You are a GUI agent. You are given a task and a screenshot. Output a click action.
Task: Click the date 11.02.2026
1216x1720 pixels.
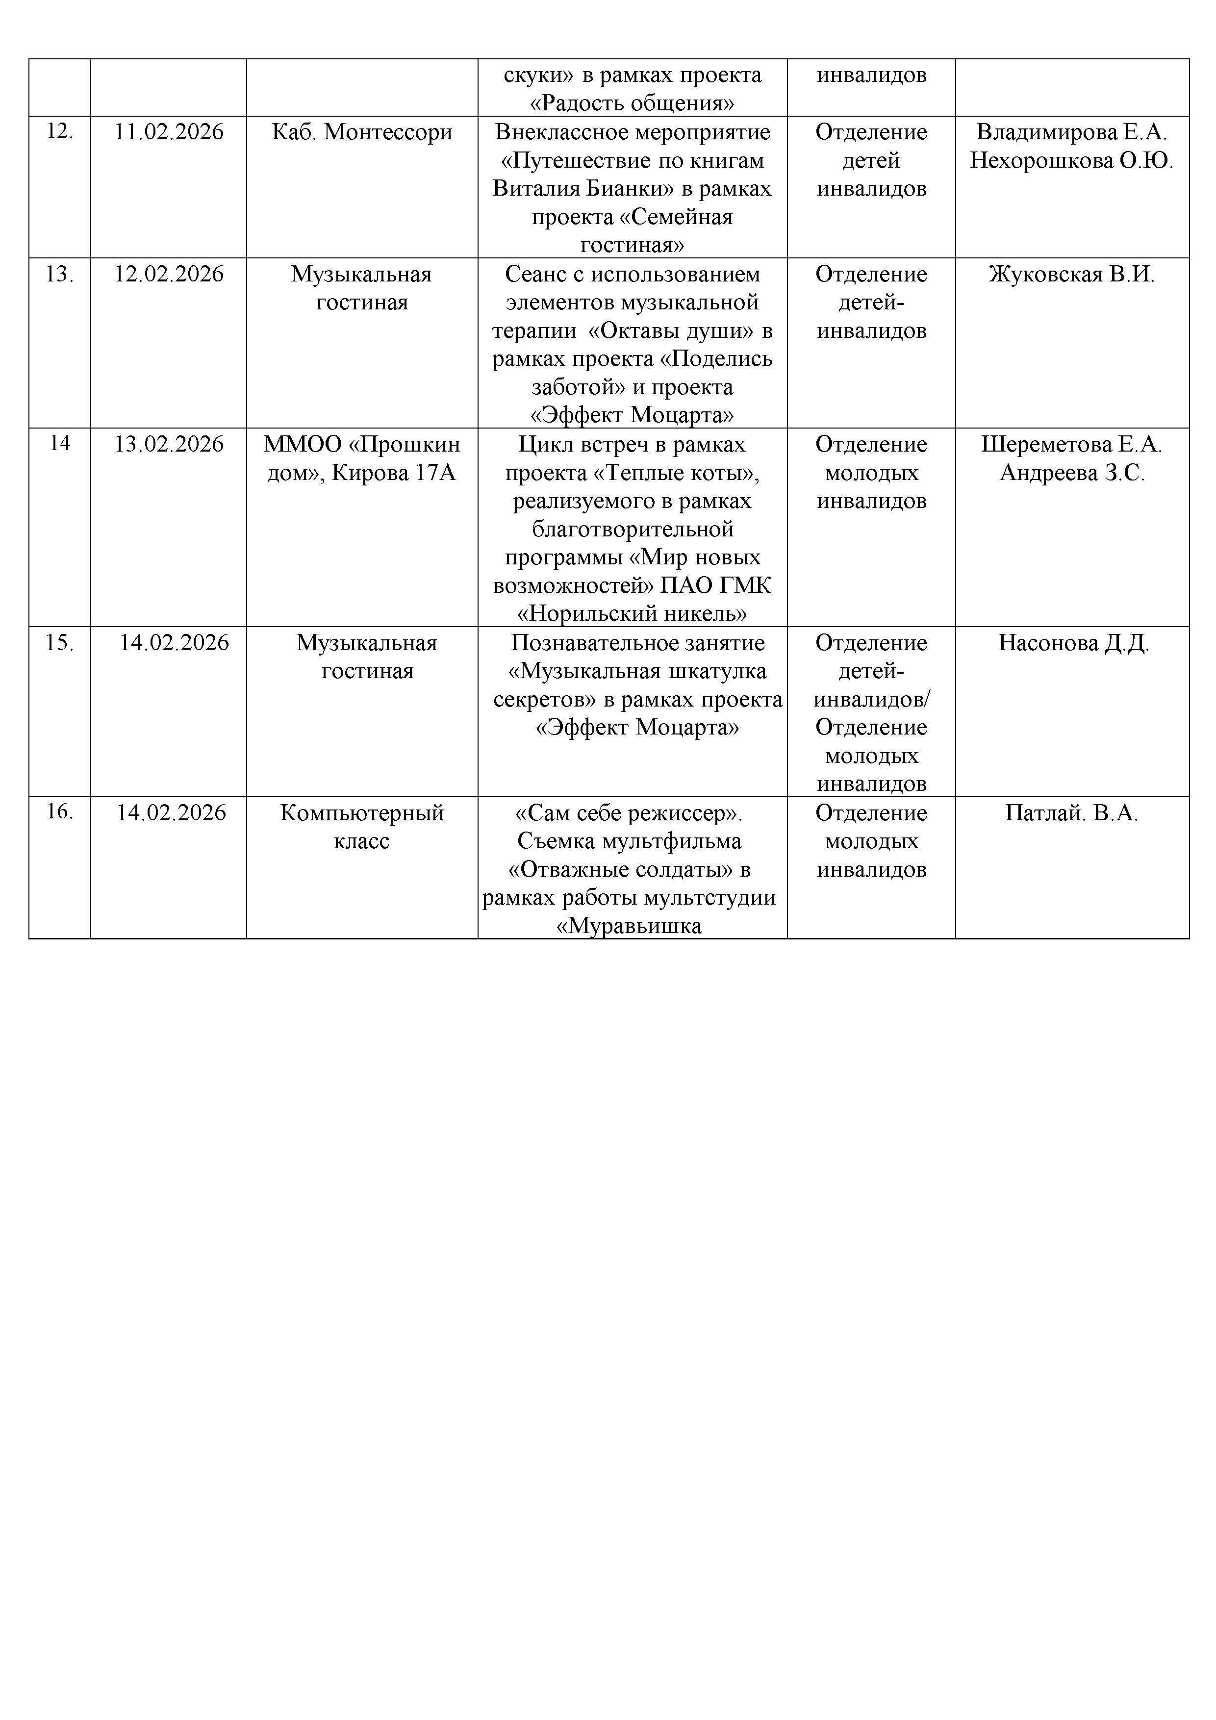(x=169, y=132)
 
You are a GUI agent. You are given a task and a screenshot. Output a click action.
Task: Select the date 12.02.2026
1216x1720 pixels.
(x=169, y=274)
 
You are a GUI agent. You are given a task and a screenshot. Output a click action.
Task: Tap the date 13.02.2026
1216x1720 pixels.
(x=169, y=444)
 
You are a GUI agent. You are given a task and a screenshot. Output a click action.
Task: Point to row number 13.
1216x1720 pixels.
(x=59, y=274)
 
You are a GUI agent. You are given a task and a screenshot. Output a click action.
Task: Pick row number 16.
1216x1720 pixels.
(x=59, y=811)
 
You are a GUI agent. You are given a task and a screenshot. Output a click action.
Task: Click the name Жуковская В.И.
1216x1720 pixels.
(x=1071, y=274)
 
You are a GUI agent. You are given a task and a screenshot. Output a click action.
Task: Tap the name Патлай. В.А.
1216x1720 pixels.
(x=1071, y=813)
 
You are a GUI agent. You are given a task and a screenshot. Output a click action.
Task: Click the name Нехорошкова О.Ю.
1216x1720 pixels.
(x=1071, y=160)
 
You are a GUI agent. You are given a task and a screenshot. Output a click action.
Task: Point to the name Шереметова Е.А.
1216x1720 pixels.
(x=1071, y=444)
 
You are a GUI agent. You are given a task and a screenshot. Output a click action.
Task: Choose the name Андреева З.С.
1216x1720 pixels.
(x=1071, y=473)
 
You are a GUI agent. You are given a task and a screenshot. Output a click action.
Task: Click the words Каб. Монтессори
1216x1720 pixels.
(x=362, y=132)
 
